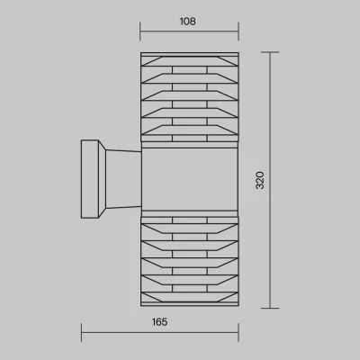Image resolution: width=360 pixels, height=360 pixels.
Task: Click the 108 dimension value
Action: [188, 22]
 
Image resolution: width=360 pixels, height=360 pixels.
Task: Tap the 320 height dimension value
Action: [260, 180]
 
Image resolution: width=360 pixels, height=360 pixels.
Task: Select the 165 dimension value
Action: [159, 322]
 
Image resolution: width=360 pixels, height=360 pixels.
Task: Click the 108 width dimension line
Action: [189, 31]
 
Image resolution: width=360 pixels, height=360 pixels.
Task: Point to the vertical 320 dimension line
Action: [270, 180]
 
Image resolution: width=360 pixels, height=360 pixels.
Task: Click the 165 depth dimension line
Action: [160, 332]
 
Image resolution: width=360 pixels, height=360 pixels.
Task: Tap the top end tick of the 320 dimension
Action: [270, 52]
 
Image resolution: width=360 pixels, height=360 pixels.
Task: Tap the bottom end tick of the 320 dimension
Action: [270, 308]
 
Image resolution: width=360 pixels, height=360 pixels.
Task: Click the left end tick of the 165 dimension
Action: [81, 332]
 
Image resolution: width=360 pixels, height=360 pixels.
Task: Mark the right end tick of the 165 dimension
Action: [238, 332]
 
